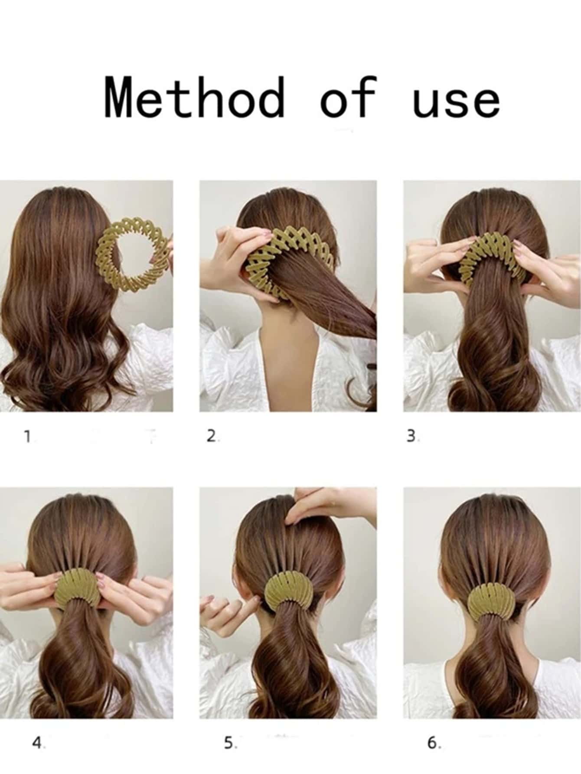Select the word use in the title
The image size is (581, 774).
coord(456,101)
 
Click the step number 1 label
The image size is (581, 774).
coord(28,436)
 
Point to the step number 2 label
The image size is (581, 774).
coord(212,436)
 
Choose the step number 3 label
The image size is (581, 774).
coord(412,436)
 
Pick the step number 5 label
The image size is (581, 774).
coord(230,743)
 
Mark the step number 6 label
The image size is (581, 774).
coord(434,743)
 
